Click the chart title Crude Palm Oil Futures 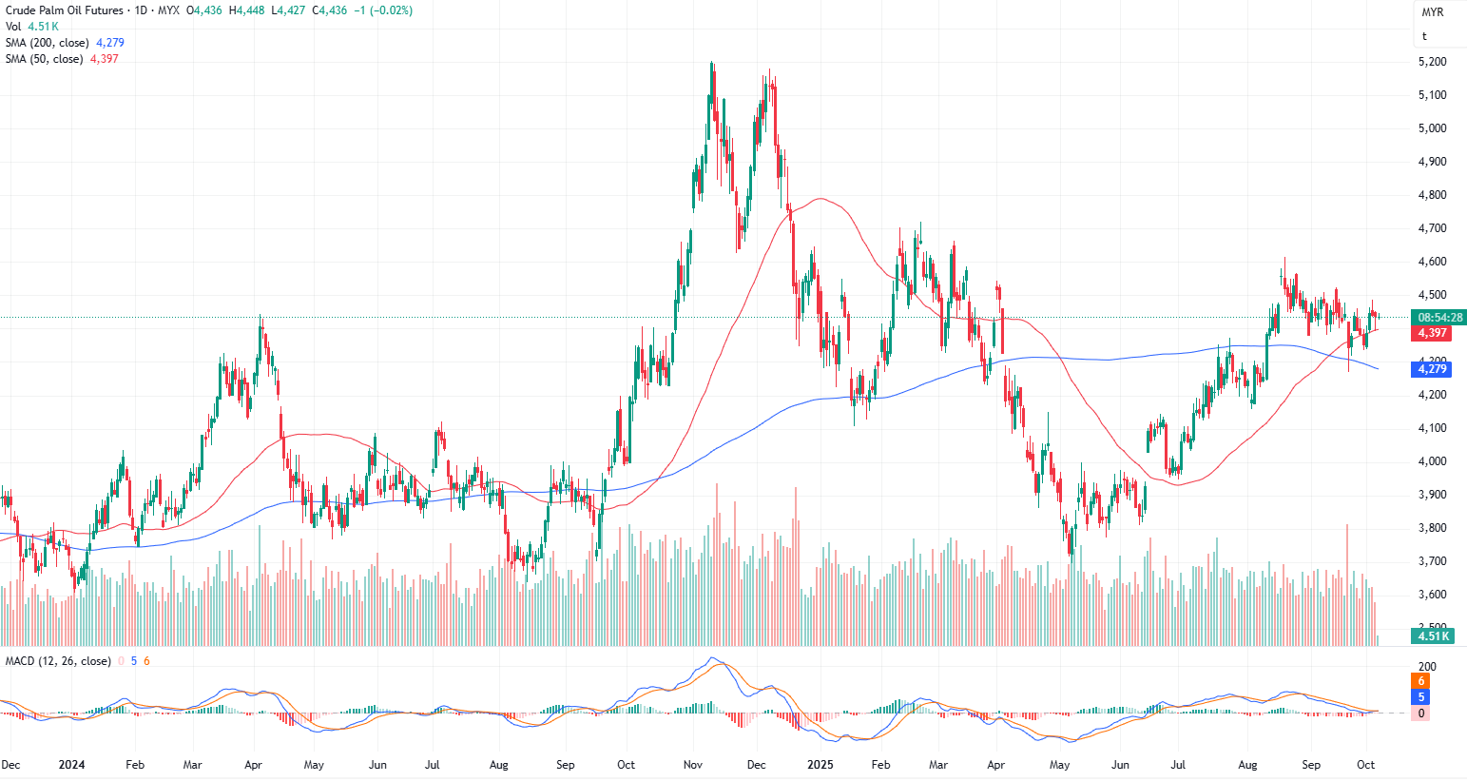[x=65, y=10]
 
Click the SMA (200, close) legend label [x=48, y=43]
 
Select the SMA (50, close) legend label [x=44, y=59]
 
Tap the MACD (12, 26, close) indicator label [x=58, y=661]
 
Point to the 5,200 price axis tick [x=1432, y=62]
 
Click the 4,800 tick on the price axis [x=1432, y=195]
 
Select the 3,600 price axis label [x=1432, y=595]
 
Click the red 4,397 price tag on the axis [x=1432, y=333]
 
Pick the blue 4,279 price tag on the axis [x=1432, y=369]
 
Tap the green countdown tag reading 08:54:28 [x=1439, y=317]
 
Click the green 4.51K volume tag [x=1432, y=636]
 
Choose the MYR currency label [x=1432, y=12]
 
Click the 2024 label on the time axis [x=71, y=765]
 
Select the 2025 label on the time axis [x=820, y=765]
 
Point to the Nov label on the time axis [x=692, y=765]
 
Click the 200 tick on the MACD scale [x=1426, y=666]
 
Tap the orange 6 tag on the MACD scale [x=1421, y=681]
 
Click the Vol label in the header [x=13, y=27]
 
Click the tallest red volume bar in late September [x=1347, y=585]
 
